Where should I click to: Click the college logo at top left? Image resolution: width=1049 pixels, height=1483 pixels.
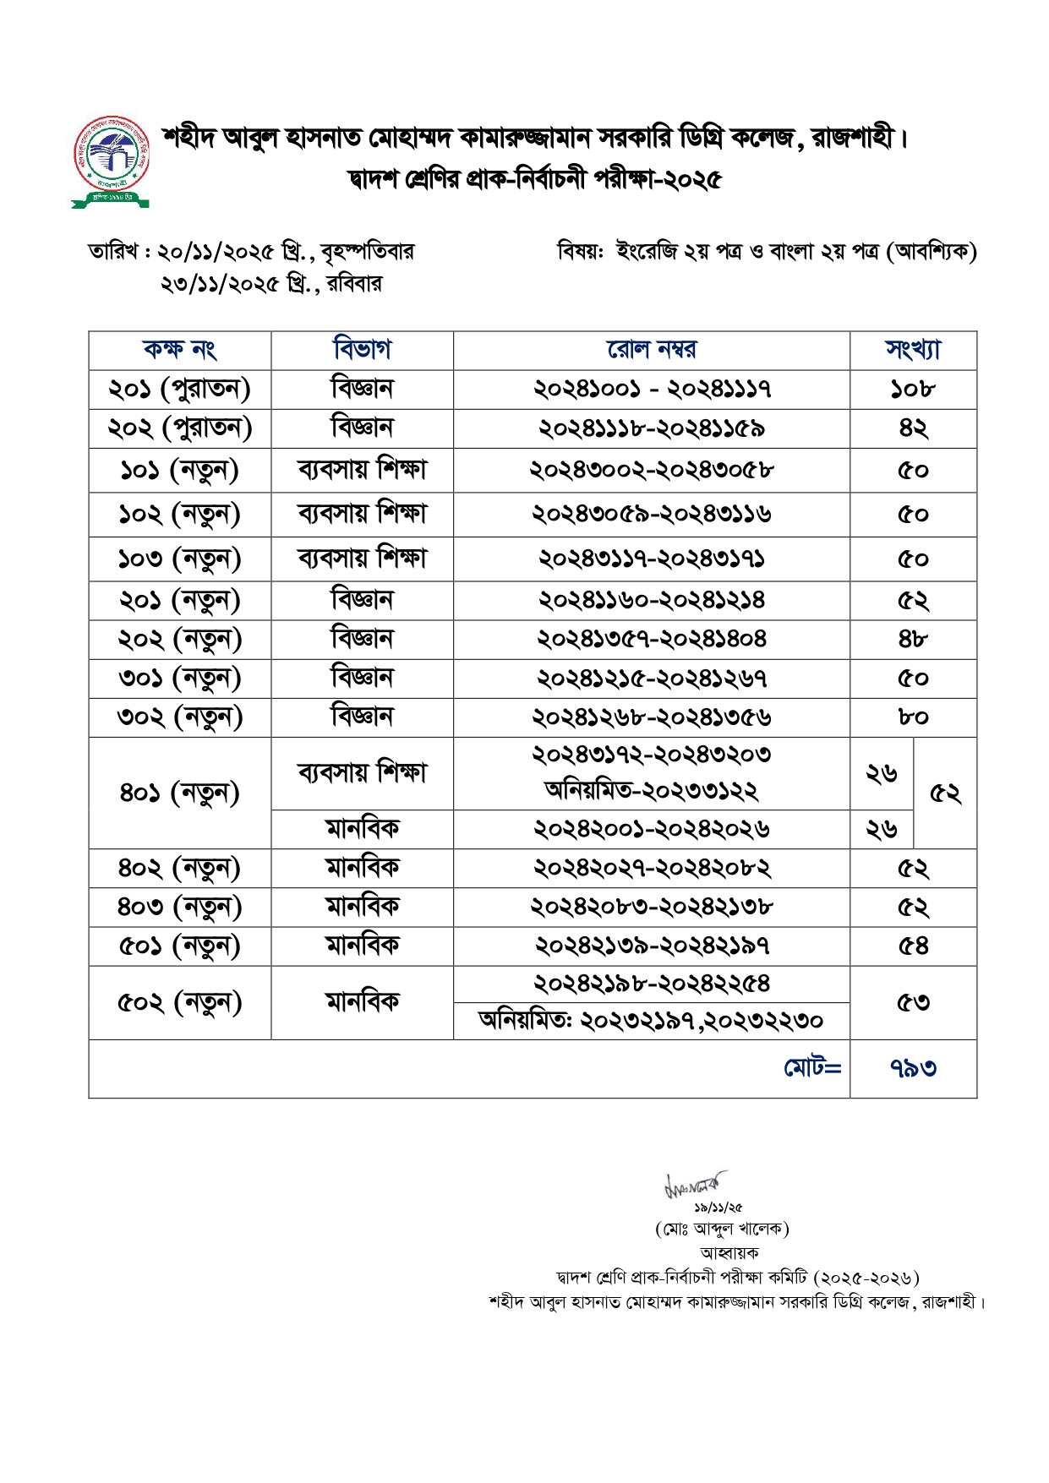tap(111, 161)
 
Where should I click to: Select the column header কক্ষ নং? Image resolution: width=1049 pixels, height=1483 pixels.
tap(179, 349)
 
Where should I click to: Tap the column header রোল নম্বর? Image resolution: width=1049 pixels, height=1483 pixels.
tap(651, 349)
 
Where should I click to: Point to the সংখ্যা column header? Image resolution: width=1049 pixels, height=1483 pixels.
tap(913, 349)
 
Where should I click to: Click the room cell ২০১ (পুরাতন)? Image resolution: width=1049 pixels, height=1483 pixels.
tap(179, 390)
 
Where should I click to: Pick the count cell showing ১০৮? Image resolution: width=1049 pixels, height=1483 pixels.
tap(913, 390)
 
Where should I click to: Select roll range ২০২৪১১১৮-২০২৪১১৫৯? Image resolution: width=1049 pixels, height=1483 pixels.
tap(651, 429)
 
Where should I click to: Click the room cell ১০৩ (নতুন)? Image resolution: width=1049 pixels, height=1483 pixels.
tap(179, 559)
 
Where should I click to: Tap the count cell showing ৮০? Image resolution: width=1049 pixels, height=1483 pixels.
tap(913, 717)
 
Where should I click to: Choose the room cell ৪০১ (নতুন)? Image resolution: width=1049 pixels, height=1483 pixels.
tap(179, 793)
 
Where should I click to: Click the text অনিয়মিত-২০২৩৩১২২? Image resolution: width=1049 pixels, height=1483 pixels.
tap(651, 791)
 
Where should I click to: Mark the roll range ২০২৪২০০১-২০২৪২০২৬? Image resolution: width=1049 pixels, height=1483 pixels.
tap(651, 829)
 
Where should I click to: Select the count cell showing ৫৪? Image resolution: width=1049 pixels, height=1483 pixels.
tap(913, 946)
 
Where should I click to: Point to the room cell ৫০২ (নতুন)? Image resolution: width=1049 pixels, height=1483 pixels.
tap(179, 1003)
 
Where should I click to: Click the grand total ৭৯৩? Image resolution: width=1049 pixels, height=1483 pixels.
tap(913, 1068)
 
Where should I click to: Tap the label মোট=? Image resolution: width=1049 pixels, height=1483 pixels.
tap(811, 1068)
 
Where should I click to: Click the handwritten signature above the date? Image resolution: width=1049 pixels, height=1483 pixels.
tap(696, 1184)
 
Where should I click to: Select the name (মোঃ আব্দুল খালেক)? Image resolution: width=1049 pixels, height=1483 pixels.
tap(722, 1229)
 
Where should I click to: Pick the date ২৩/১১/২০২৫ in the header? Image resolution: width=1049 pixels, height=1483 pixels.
tap(219, 284)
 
